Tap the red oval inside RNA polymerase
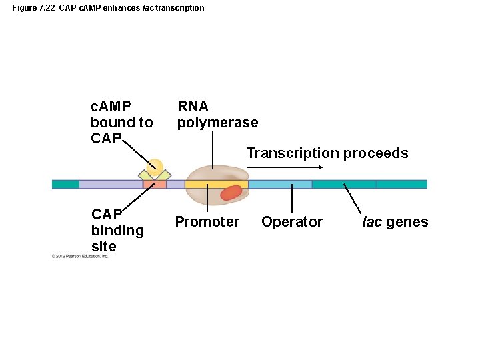tap(231, 192)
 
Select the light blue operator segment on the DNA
tap(280, 184)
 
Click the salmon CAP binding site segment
tap(155, 184)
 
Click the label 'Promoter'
tap(207, 222)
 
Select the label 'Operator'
tap(292, 222)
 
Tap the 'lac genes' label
tap(395, 222)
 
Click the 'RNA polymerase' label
tap(217, 115)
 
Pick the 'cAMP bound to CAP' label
tap(121, 123)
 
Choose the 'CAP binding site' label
tap(117, 231)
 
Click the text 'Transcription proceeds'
tap(327, 153)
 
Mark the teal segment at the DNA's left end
tap(65, 184)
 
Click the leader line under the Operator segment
tap(292, 200)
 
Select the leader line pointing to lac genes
tap(351, 199)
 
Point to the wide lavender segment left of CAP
tap(111, 184)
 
